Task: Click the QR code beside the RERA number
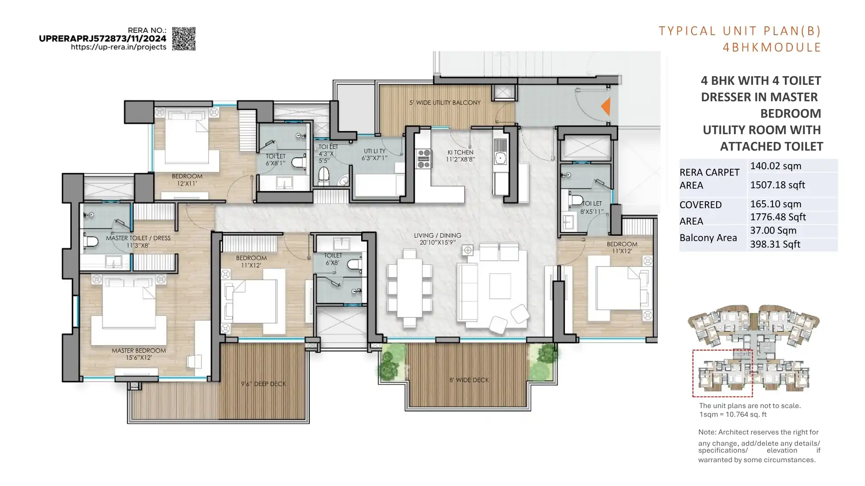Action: [183, 39]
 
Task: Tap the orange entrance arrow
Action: [606, 106]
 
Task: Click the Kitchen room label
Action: [460, 155]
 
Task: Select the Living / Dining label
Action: [437, 238]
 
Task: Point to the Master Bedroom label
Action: [139, 354]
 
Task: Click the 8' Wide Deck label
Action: [469, 380]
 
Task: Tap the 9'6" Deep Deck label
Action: [263, 384]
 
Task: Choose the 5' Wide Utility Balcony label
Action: [445, 103]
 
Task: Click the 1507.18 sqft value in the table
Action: [777, 185]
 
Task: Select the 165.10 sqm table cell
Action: [775, 204]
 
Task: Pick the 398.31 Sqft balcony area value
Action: [775, 244]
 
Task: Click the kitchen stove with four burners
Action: [423, 158]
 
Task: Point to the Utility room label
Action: [374, 154]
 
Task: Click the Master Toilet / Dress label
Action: [138, 241]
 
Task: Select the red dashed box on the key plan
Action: [722, 373]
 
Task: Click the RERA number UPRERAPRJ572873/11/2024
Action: [103, 39]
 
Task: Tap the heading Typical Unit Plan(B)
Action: [740, 31]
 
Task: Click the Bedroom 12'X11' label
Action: [187, 180]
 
